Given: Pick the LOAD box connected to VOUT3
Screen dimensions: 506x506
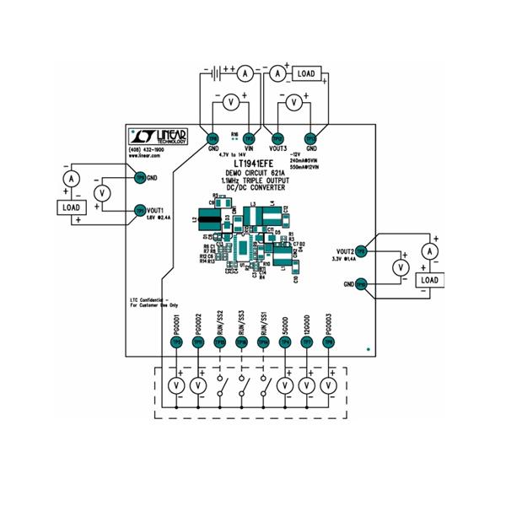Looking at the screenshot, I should [x=305, y=74].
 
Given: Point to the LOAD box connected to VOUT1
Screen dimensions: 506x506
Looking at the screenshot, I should [x=73, y=207].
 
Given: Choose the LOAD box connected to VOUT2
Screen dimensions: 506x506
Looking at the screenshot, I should [x=430, y=280].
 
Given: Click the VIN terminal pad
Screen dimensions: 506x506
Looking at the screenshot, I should [x=249, y=138].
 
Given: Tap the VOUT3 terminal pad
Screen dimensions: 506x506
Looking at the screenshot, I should [x=277, y=138].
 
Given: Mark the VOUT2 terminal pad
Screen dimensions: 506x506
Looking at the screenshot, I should [x=360, y=251].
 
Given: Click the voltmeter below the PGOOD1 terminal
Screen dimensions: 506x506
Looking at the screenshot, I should [x=176, y=385].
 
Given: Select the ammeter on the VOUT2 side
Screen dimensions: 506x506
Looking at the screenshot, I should [x=430, y=251].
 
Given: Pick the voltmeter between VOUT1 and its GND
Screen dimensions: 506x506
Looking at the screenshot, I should [x=102, y=193].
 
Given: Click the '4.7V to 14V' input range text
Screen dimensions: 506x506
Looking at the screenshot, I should [x=236, y=155].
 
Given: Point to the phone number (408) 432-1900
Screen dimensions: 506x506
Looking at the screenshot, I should [x=147, y=149].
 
